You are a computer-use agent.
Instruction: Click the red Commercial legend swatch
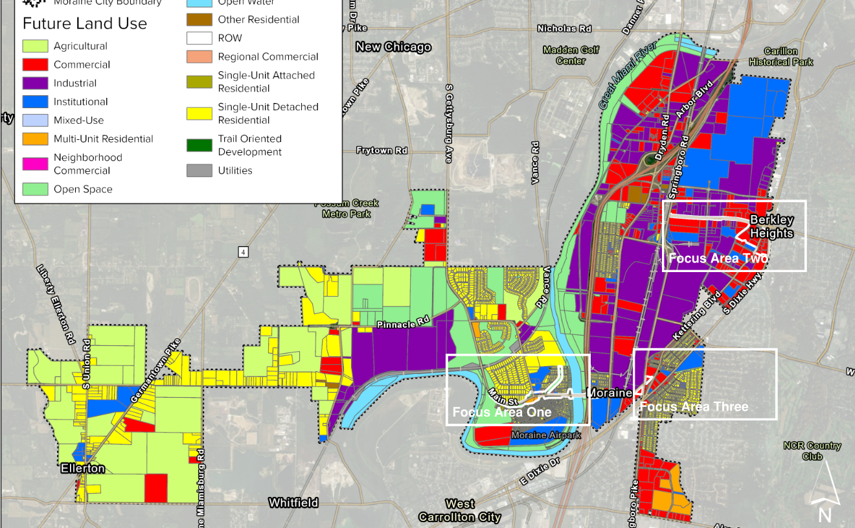[x=35, y=65]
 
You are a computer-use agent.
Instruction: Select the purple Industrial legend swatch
[x=35, y=83]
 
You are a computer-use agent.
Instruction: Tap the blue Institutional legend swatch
[x=35, y=102]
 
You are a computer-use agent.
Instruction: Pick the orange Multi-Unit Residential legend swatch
[x=35, y=139]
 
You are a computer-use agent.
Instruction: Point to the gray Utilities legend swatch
[x=199, y=170]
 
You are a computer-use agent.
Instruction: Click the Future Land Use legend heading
[x=85, y=24]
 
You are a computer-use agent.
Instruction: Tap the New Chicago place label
[x=393, y=47]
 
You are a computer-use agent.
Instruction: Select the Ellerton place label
[x=83, y=468]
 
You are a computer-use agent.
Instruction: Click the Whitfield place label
[x=293, y=503]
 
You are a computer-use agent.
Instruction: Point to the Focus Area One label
[x=502, y=412]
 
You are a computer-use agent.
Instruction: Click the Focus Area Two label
[x=718, y=258]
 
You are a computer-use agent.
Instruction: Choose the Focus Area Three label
[x=694, y=407]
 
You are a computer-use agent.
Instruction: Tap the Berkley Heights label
[x=771, y=227]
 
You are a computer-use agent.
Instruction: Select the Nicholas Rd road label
[x=564, y=29]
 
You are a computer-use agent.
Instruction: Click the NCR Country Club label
[x=812, y=451]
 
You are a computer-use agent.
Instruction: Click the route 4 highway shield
[x=243, y=252]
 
